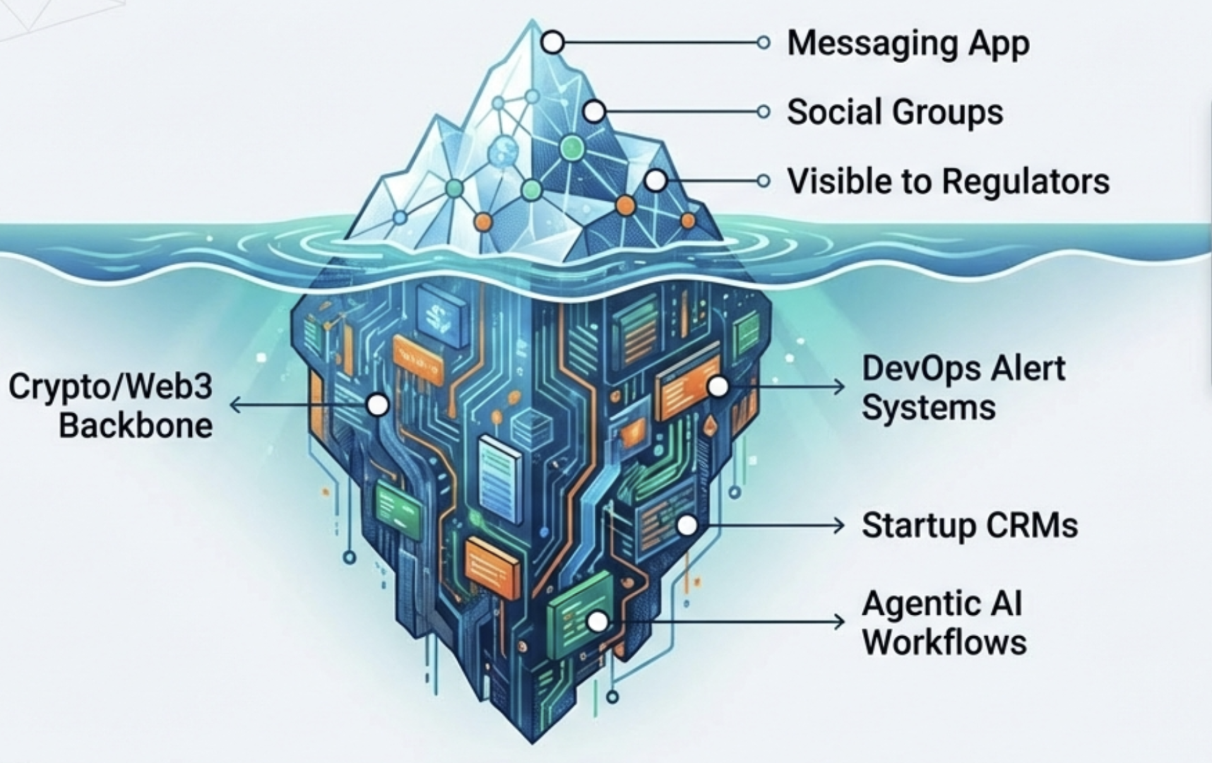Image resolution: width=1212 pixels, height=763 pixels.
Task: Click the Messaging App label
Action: point(908,44)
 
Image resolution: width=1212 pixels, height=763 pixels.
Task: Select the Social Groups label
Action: point(894,112)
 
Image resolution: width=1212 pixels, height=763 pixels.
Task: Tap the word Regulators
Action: point(1026,182)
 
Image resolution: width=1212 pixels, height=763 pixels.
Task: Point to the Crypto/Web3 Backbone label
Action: point(111,405)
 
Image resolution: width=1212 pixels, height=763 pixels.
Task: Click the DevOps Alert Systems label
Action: point(963,387)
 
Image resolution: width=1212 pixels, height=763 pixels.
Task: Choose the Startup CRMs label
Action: point(970,526)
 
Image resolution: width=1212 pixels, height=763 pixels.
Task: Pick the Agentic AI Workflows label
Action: point(944,623)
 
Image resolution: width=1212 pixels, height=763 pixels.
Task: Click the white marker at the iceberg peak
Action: point(553,43)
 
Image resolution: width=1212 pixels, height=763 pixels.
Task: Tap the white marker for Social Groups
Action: point(594,112)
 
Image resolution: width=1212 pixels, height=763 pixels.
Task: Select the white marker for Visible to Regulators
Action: point(656,181)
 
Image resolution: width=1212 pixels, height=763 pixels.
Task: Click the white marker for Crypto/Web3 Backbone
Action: point(377,405)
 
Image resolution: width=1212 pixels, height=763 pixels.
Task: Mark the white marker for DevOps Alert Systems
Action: point(718,386)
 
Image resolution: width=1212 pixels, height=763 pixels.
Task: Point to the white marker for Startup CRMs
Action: point(687,525)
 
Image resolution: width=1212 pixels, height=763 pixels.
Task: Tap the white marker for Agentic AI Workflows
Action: point(597,622)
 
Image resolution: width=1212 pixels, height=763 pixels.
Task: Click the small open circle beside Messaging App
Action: point(763,43)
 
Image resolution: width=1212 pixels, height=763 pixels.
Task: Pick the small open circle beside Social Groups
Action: point(763,112)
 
